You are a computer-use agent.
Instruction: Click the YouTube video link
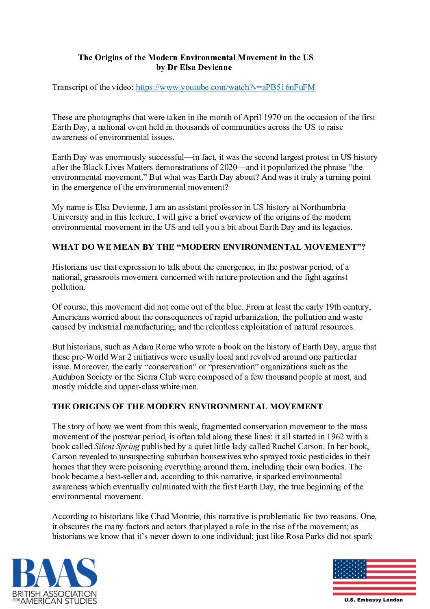(x=225, y=87)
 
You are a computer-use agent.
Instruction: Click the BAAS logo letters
(x=54, y=573)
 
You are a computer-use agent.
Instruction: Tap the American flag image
(x=374, y=577)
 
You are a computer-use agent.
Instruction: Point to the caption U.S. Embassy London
(x=373, y=600)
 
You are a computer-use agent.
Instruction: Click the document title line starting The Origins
(x=195, y=57)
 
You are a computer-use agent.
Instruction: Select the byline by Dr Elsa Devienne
(x=194, y=68)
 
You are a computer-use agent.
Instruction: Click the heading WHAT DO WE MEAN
(x=208, y=247)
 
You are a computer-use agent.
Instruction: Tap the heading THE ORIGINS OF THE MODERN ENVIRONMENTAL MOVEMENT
(x=187, y=406)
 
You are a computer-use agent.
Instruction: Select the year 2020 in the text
(x=228, y=167)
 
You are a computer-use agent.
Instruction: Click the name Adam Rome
(x=154, y=347)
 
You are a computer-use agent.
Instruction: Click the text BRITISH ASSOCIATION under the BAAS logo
(x=54, y=594)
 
